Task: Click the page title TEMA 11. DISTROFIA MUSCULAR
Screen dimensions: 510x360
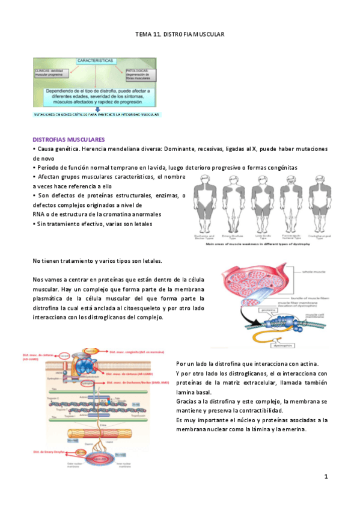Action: tap(180, 35)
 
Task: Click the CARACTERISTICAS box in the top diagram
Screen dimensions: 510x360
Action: tap(95, 61)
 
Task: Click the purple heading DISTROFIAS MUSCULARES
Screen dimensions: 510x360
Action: tap(69, 138)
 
